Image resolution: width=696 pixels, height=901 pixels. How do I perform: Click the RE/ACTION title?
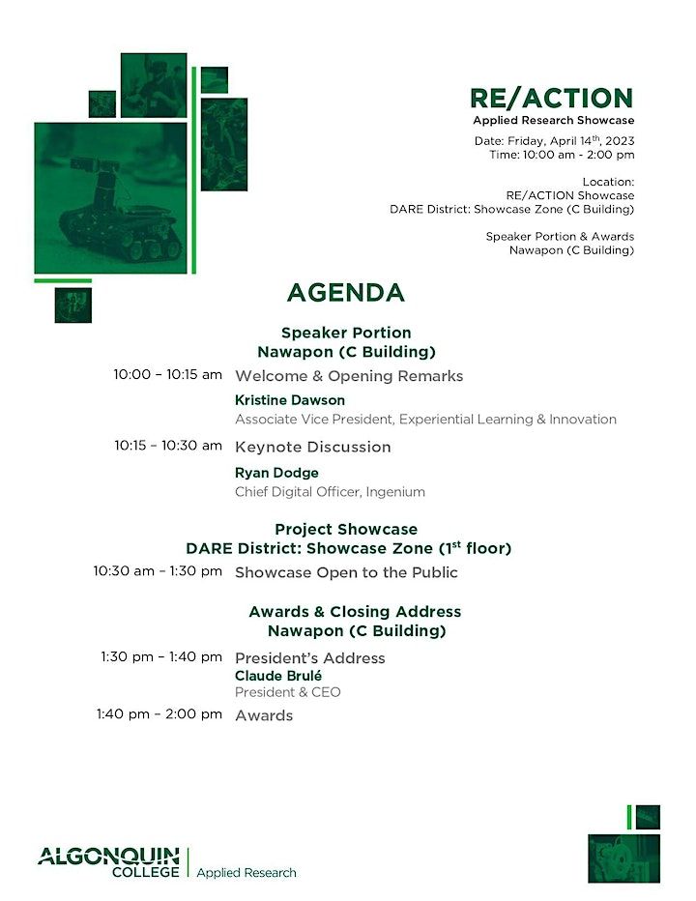tap(551, 98)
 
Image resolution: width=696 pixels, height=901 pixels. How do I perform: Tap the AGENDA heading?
tap(345, 293)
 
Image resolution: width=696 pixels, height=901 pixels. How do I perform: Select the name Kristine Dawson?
tap(289, 400)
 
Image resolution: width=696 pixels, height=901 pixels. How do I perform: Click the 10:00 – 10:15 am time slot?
tap(167, 375)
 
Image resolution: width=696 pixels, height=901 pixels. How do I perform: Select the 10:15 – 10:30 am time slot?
tap(167, 446)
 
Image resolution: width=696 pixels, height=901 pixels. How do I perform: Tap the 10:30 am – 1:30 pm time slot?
tap(158, 571)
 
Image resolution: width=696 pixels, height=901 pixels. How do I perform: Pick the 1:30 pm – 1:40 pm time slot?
tap(160, 657)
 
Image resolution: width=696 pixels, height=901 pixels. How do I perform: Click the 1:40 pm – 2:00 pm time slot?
tap(159, 714)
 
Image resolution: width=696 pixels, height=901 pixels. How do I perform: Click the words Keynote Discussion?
tap(312, 447)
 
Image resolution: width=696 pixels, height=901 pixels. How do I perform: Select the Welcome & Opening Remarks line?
tap(349, 376)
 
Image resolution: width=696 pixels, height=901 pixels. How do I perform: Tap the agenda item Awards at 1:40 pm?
tap(263, 715)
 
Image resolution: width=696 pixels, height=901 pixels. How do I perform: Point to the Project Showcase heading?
tap(346, 530)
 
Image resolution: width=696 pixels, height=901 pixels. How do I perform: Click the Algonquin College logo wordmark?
tap(108, 862)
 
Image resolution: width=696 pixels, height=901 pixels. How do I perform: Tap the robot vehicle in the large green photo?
tap(120, 218)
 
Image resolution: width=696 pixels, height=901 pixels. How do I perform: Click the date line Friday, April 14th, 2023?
tap(554, 141)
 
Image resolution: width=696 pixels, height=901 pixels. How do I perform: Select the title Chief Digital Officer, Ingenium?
tap(330, 491)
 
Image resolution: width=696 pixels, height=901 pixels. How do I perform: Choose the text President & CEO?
tap(287, 692)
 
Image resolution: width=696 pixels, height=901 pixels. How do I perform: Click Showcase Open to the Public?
tap(346, 572)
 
